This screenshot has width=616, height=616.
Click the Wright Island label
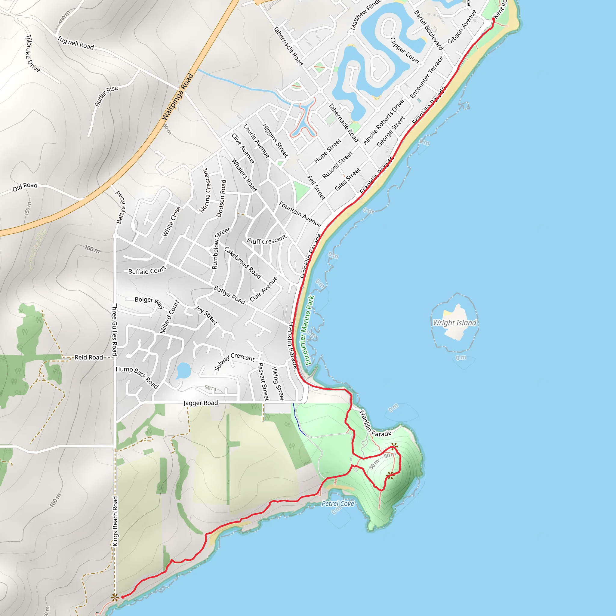(x=454, y=323)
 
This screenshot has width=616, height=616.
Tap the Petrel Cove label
(x=338, y=504)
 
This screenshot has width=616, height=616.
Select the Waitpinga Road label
(x=177, y=97)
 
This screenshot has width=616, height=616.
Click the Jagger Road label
(x=201, y=403)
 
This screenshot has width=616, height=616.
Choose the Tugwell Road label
(x=75, y=43)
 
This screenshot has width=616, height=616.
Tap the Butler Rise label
(x=106, y=96)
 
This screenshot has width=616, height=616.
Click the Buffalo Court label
(x=147, y=271)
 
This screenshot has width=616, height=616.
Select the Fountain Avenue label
(x=300, y=214)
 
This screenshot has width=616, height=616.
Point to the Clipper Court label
(x=405, y=51)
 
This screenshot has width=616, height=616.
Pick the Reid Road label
(x=89, y=357)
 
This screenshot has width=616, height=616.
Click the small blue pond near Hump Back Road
(x=183, y=371)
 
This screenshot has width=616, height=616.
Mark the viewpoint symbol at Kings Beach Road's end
(x=115, y=598)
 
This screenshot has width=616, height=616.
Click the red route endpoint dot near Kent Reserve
(x=493, y=20)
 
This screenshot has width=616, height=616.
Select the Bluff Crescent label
(x=267, y=240)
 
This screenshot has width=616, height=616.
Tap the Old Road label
(x=25, y=187)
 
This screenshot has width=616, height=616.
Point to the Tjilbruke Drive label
(x=32, y=53)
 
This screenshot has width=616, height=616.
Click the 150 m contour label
(x=28, y=208)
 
